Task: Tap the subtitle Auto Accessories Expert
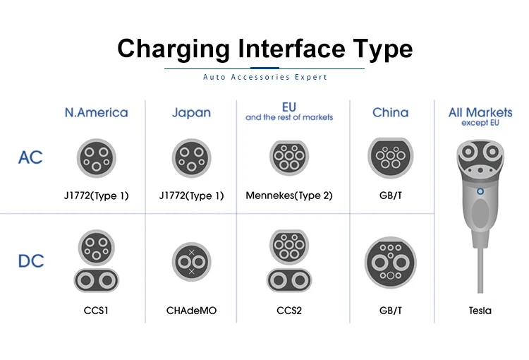264,77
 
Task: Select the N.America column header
96,112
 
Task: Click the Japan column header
191,112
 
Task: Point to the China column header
390,112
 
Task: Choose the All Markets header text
480,112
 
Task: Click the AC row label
30,157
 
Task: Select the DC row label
30,261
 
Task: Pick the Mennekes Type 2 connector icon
288,156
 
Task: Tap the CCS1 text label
96,310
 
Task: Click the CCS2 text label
288,310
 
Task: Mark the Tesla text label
480,310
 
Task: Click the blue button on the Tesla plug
480,191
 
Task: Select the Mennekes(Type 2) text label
288,196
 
